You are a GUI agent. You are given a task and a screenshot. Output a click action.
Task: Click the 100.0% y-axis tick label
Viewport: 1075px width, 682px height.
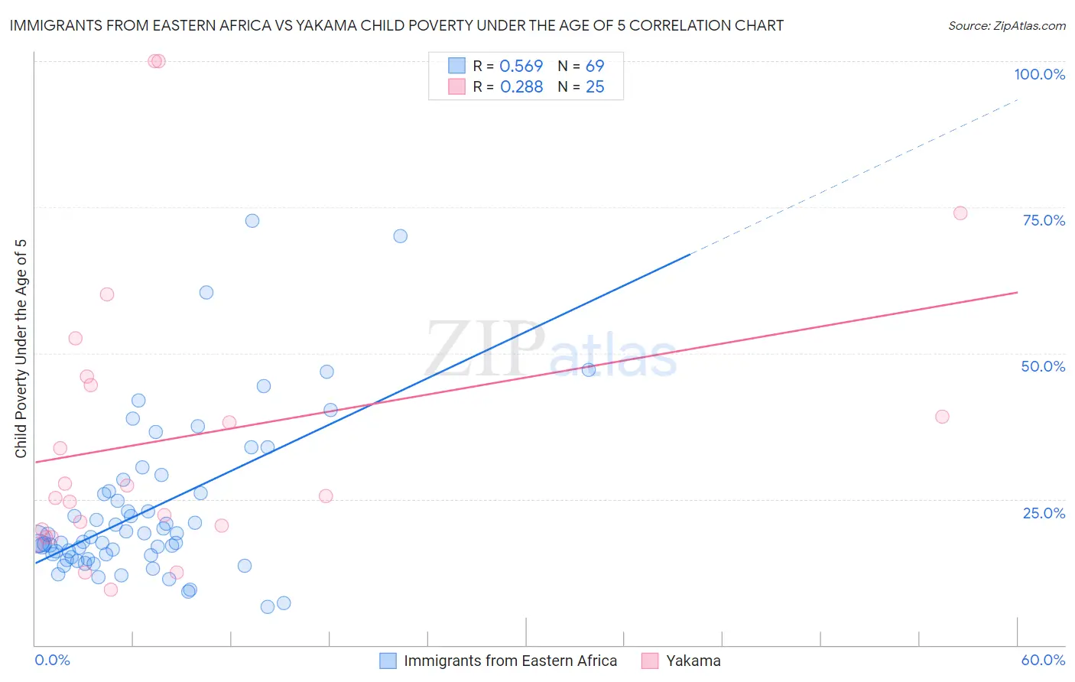pyautogui.click(x=1039, y=74)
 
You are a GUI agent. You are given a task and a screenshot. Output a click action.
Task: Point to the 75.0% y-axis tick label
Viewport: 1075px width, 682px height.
pyautogui.click(x=1044, y=220)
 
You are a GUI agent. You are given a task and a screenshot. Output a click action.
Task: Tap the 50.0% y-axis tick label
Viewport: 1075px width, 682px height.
pyautogui.click(x=1043, y=366)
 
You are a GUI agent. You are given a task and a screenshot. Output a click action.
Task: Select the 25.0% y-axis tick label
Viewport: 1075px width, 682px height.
pyautogui.click(x=1044, y=513)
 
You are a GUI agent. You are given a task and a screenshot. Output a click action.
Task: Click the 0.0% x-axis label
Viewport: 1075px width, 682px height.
pyautogui.click(x=52, y=660)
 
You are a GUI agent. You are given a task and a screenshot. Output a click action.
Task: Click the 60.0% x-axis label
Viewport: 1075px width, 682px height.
pyautogui.click(x=1043, y=660)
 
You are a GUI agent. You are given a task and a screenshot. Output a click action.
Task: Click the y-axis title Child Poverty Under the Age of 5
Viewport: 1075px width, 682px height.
pyautogui.click(x=21, y=348)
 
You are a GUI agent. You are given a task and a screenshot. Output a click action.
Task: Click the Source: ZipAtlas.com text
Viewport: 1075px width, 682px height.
pyautogui.click(x=1006, y=26)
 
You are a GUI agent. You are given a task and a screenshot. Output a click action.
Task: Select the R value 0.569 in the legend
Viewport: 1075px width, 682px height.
pyautogui.click(x=521, y=67)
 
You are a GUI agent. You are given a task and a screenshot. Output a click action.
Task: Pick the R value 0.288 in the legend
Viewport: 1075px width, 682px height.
pyautogui.click(x=521, y=87)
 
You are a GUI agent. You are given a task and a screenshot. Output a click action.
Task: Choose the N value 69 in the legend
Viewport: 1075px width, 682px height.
pyautogui.click(x=595, y=67)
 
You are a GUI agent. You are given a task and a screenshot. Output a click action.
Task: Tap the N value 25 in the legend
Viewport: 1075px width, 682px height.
pyautogui.click(x=595, y=87)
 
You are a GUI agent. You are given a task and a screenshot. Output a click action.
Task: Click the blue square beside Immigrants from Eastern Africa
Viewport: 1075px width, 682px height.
pyautogui.click(x=388, y=661)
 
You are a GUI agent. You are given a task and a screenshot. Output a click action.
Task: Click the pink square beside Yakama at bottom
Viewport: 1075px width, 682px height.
pyautogui.click(x=650, y=661)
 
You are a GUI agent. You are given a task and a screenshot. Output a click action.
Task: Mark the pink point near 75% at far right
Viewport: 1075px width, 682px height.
pyautogui.click(x=960, y=213)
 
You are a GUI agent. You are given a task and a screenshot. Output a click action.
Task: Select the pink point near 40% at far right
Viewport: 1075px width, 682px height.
pyautogui.click(x=942, y=417)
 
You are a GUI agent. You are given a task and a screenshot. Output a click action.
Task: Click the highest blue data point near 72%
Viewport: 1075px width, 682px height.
pyautogui.click(x=252, y=221)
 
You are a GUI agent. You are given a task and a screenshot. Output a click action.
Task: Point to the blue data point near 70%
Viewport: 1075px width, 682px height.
pyautogui.click(x=400, y=236)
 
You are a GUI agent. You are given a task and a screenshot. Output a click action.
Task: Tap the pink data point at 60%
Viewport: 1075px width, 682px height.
pyautogui.click(x=107, y=294)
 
